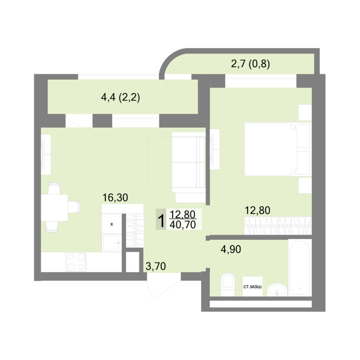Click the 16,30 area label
(x=115, y=197)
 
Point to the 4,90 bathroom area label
(x=231, y=249)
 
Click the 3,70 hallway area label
(x=156, y=266)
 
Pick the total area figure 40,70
(x=182, y=225)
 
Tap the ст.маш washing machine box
(x=252, y=286)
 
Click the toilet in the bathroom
(x=227, y=285)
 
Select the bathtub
(x=300, y=268)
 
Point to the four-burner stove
(x=76, y=262)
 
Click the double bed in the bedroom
(x=277, y=149)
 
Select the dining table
(x=54, y=208)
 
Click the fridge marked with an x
(x=112, y=224)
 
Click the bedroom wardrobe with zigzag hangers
(x=277, y=225)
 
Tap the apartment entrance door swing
(x=161, y=286)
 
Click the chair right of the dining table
(x=74, y=207)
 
